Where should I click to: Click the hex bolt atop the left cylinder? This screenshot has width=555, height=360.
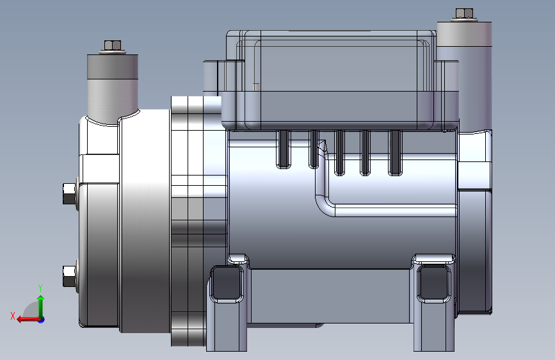(x=113, y=45)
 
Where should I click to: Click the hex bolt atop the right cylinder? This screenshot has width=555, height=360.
(x=464, y=13)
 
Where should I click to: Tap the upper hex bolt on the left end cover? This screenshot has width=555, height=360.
(x=69, y=193)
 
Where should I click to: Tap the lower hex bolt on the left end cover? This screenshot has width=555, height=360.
(x=69, y=276)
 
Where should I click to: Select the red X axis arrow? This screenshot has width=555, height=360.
(x=28, y=320)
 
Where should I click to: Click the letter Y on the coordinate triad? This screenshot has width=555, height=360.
(x=40, y=288)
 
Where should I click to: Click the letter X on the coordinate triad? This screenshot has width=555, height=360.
(x=13, y=316)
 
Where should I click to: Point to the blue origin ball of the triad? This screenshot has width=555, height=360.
(x=42, y=320)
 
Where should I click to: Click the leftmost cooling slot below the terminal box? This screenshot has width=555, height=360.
(x=284, y=149)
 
